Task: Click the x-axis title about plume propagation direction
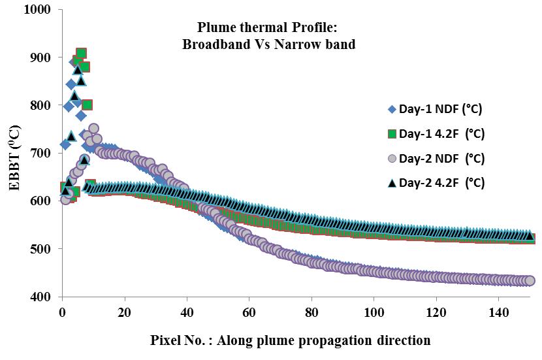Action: coord(291,340)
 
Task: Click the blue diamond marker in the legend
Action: coord(392,109)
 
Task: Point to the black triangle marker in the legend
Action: coord(392,183)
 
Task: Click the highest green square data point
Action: coord(81,54)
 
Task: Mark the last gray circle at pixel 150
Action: coord(530,281)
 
